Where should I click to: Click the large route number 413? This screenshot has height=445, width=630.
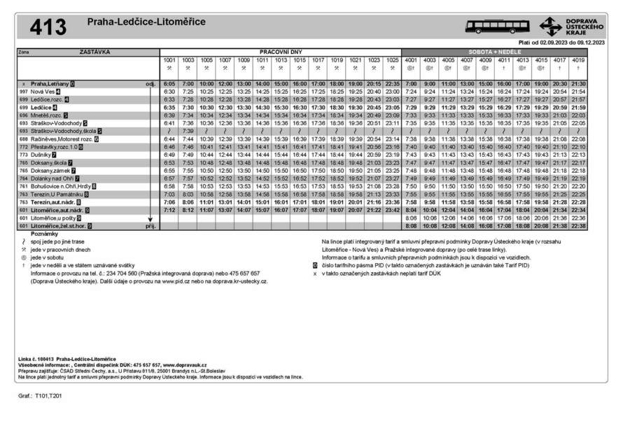point(48,27)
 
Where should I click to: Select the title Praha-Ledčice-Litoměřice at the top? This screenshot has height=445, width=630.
point(146,22)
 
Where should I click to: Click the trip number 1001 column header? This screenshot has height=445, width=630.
point(169,61)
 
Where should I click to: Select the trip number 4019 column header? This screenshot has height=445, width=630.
point(578,61)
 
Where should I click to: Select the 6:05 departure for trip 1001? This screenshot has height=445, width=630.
point(169,84)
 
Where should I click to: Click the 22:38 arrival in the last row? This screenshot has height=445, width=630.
point(578,225)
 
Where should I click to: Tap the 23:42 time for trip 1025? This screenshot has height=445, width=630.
point(392,210)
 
